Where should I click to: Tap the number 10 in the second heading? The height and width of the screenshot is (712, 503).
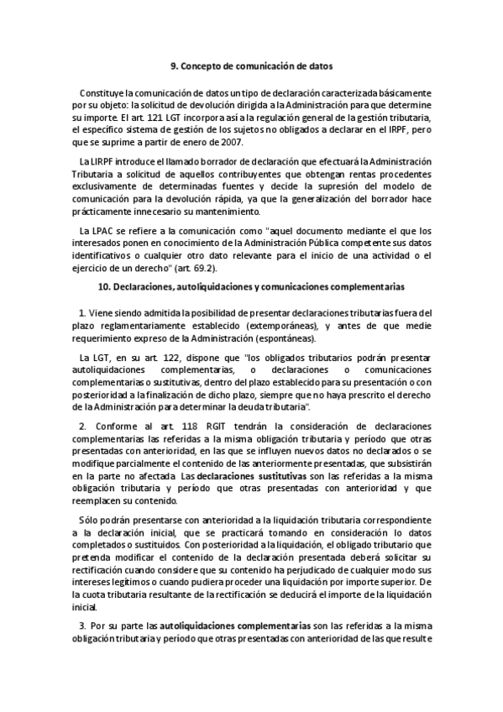click(x=103, y=287)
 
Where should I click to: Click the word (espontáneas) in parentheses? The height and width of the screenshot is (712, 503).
click(x=284, y=339)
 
